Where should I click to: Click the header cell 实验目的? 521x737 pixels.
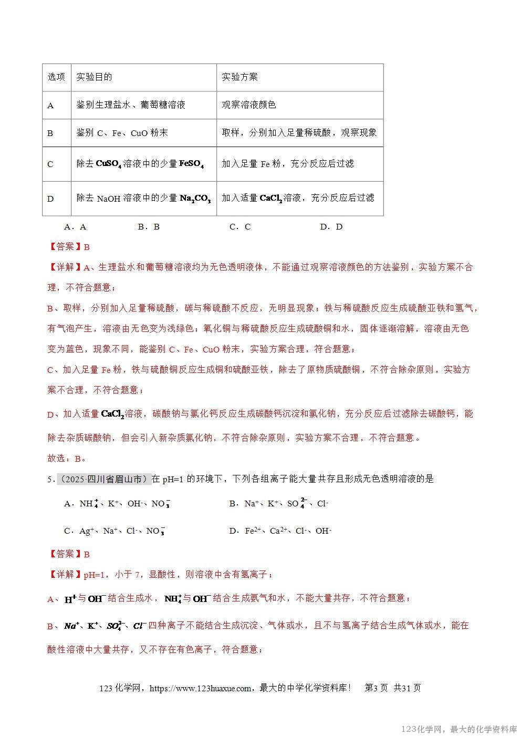94,77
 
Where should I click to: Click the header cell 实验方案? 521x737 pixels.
239,77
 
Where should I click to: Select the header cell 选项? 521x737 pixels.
56,77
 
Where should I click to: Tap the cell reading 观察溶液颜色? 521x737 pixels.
248,105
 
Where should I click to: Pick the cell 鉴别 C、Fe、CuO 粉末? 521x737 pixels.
122,133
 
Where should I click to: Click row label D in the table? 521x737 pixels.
50,199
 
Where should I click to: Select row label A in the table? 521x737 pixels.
50,105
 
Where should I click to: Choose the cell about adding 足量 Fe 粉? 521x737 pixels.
287,164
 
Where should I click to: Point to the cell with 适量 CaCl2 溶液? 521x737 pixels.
298,198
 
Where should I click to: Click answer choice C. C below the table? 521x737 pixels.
240,227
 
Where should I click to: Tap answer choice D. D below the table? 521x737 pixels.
331,227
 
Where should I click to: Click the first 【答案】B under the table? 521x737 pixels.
69,247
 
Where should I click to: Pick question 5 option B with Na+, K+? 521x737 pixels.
278,504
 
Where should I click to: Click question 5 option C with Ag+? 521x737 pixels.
114,531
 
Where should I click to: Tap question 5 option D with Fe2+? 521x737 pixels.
280,531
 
